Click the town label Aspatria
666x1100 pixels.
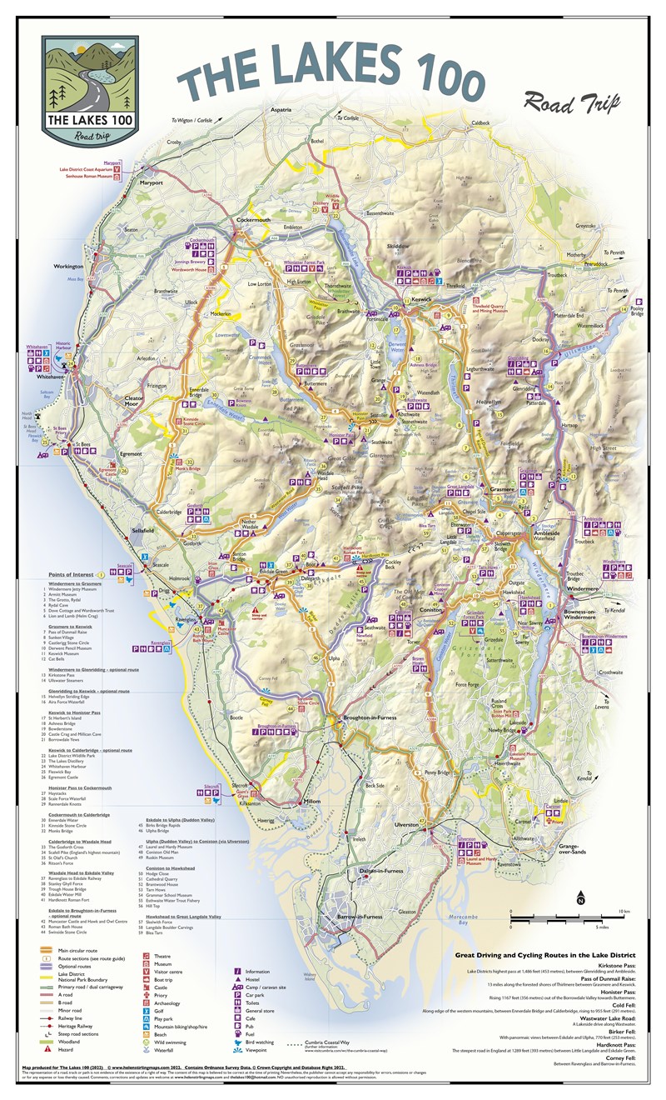pyautogui.click(x=281, y=109)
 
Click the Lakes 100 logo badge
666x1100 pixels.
pyautogui.click(x=90, y=89)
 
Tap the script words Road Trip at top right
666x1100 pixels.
pyautogui.click(x=574, y=102)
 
